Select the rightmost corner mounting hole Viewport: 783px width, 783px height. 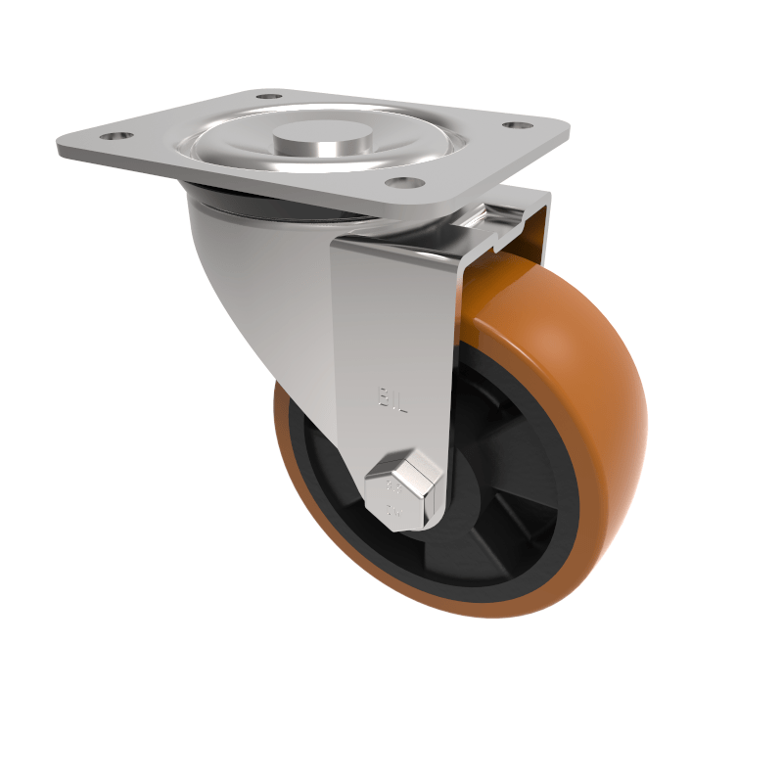[x=516, y=125]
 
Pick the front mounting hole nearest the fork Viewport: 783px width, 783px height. [x=400, y=182]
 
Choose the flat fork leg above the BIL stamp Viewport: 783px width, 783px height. [x=391, y=313]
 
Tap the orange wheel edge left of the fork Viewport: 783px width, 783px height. [x=287, y=440]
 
